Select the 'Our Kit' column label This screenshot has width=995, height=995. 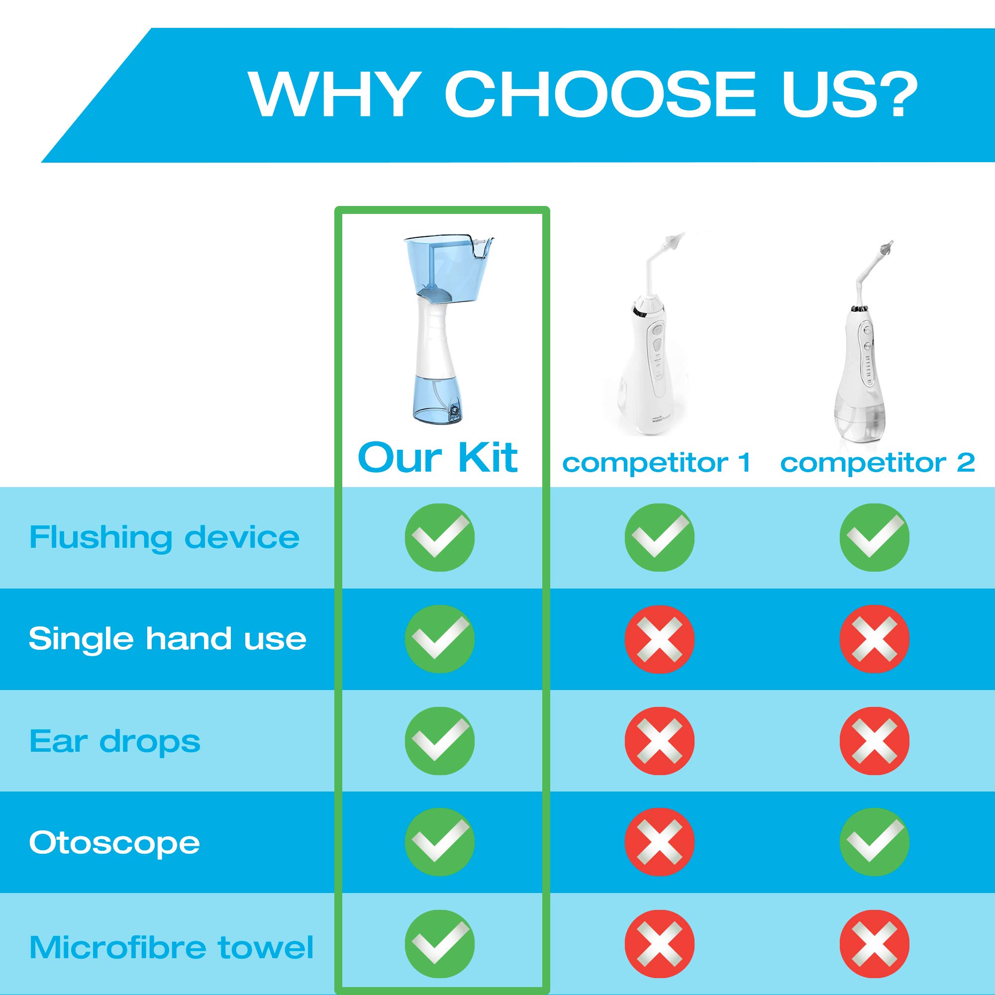click(438, 457)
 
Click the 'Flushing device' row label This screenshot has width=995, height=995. click(164, 538)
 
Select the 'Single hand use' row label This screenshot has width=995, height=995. click(167, 639)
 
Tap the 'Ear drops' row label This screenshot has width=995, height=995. click(115, 741)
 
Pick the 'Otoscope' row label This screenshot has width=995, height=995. click(114, 843)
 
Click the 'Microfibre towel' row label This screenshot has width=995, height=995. click(172, 947)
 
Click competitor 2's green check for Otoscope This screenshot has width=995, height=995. click(875, 843)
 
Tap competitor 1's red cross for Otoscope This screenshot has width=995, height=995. click(659, 843)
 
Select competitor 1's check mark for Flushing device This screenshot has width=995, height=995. click(659, 538)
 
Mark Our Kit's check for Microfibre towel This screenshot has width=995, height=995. click(439, 945)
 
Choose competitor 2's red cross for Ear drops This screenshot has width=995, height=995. click(875, 741)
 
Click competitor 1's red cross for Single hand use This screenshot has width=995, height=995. click(659, 639)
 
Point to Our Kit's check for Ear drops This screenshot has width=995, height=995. click(439, 741)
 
